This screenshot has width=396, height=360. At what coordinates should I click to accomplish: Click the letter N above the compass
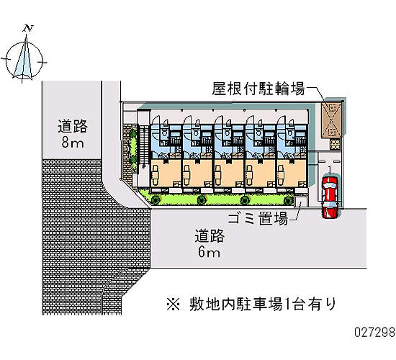(28, 29)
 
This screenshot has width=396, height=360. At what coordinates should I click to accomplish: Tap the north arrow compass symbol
(24, 59)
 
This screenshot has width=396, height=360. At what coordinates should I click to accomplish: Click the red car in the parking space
(330, 197)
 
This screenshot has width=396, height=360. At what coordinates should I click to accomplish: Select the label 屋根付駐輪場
(258, 89)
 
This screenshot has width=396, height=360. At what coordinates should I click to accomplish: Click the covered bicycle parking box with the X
(332, 120)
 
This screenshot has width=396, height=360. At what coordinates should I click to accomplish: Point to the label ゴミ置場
(258, 219)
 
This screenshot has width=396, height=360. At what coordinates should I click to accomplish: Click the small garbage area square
(300, 202)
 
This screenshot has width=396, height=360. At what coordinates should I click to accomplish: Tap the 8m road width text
(73, 143)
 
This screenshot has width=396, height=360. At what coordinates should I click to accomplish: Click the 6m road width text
(209, 252)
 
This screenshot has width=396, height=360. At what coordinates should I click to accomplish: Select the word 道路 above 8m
(73, 126)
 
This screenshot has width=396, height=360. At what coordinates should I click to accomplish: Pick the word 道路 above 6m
(210, 235)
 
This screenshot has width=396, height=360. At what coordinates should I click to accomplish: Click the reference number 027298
(374, 332)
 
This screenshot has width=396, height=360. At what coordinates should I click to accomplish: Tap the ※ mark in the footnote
(174, 304)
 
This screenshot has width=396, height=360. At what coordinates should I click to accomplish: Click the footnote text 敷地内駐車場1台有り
(263, 304)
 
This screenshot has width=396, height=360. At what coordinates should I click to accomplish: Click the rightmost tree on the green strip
(288, 201)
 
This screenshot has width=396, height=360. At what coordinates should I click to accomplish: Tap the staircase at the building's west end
(143, 146)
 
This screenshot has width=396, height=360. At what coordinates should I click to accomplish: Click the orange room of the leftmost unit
(166, 174)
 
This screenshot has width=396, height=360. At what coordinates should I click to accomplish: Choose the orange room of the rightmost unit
(292, 174)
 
